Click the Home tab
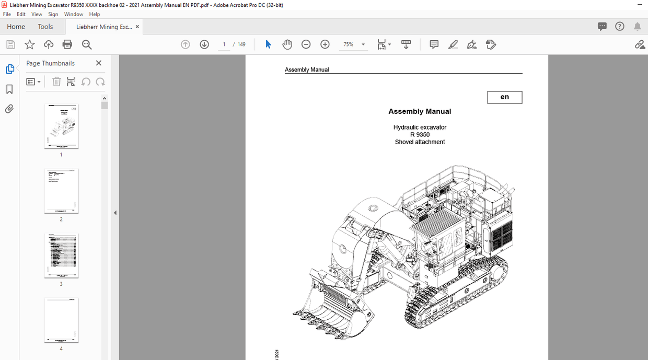pos(16,27)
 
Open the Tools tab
pos(45,27)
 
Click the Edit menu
pos(21,14)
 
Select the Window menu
pos(74,14)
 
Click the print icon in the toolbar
pos(67,44)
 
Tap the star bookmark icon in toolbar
pos(30,44)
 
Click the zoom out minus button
pos(306,44)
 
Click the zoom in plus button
pos(325,44)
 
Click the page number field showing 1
pos(224,44)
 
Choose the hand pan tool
pos(287,44)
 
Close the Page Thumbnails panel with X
pos(99,63)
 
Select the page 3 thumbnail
pos(61,256)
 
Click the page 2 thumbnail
pos(61,191)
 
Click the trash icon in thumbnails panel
pos(56,82)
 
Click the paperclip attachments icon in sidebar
pos(9,109)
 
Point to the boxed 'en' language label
pos(504,97)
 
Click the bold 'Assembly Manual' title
pos(420,111)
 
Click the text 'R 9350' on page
pos(420,134)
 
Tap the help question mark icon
pos(620,27)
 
